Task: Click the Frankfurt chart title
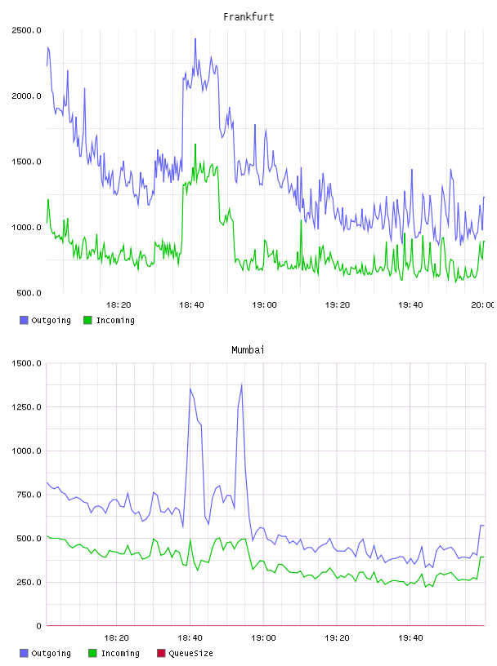248,17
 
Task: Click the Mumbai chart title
248,350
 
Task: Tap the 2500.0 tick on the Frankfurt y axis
26,30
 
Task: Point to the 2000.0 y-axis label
26,96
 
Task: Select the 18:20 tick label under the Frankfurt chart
119,304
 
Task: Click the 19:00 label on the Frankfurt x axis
264,304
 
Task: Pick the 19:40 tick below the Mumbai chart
410,637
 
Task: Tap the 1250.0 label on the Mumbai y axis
26,407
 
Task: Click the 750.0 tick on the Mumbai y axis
29,495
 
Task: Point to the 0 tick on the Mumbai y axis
38,626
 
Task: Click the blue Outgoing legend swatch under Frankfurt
24,320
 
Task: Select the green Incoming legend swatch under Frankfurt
87,320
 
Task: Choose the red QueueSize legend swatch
161,653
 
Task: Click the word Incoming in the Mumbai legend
120,653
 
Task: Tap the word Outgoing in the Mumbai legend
51,653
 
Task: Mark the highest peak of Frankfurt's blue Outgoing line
195,39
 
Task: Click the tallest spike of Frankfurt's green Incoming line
195,144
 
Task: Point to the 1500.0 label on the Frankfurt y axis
26,162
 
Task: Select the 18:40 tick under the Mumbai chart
190,637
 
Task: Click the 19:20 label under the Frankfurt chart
338,304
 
